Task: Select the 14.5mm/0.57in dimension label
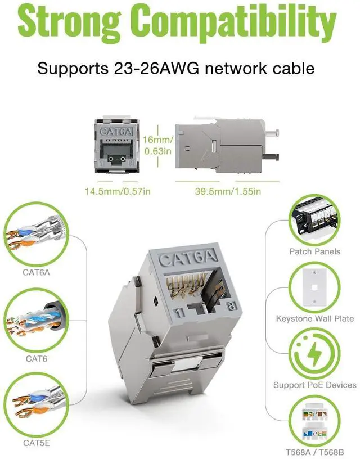(118, 191)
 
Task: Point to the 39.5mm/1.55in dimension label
(228, 191)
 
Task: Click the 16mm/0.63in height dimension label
(158, 145)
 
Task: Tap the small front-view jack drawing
(118, 145)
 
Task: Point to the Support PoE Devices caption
(315, 385)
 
